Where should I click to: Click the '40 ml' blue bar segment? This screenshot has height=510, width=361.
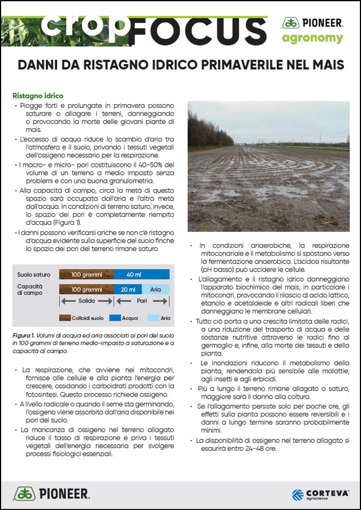(141, 274)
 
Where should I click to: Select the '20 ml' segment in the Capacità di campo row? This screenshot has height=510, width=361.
(127, 289)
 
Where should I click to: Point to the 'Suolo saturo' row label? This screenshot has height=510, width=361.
(34, 274)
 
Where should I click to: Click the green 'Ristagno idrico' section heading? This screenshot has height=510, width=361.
(38, 96)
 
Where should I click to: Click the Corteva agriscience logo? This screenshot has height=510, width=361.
(320, 494)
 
